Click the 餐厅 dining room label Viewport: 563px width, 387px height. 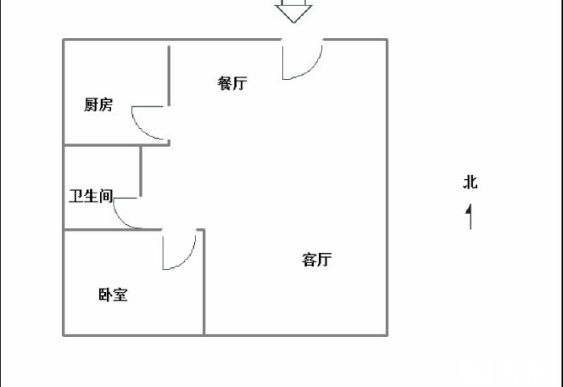[232, 83]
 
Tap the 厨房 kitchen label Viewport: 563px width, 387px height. [98, 105]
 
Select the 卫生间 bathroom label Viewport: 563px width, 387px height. [90, 196]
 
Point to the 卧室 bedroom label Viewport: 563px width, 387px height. [113, 295]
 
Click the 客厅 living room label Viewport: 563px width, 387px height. [317, 260]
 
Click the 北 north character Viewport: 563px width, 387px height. [470, 182]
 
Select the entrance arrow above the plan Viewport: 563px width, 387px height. [293, 12]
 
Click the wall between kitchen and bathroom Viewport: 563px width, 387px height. [102, 145]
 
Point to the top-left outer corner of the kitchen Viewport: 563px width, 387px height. [64, 40]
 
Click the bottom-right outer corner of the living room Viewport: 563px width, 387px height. [387, 335]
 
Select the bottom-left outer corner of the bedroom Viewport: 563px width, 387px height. [64, 335]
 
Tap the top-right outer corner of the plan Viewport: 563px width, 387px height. [387, 40]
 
